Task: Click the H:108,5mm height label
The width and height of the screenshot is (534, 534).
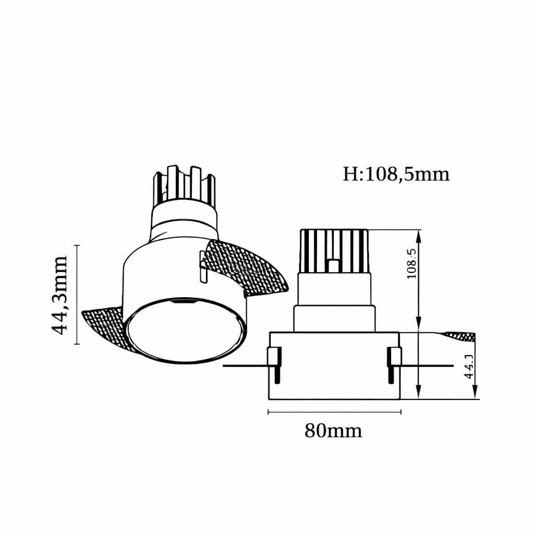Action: (396, 174)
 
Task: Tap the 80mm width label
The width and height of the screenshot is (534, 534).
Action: (333, 431)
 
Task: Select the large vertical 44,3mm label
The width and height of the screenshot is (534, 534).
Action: (59, 295)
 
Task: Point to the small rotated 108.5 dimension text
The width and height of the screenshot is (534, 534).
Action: (412, 264)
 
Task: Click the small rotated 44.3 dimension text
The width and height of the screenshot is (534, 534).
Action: (469, 366)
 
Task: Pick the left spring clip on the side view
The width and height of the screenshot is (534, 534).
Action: (274, 365)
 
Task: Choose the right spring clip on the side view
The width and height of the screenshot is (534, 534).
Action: (394, 365)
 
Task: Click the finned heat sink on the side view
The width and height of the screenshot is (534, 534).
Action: (334, 251)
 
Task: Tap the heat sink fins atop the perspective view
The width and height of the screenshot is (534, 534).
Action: (185, 186)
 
